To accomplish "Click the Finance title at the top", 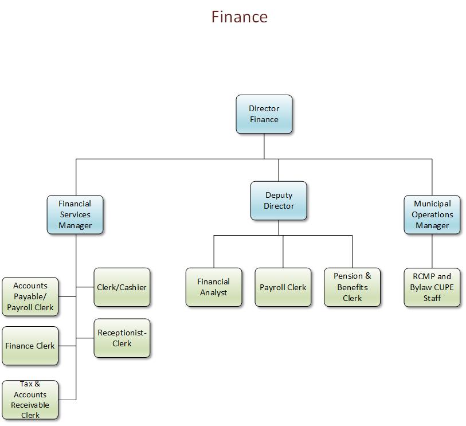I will coord(239,17).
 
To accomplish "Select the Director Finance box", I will coord(264,114).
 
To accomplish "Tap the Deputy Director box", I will coord(279,201).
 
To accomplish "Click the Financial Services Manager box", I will coord(75,214).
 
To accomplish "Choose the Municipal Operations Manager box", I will coord(432,214).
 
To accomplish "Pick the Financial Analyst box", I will coord(213,287).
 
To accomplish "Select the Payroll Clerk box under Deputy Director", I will coord(283,287).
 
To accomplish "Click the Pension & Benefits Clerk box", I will coord(352,287).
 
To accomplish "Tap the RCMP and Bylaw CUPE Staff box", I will coord(432,287).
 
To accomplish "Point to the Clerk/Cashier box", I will coord(122,287).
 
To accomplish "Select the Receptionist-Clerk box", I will coord(122,338).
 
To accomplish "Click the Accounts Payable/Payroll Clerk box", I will coord(30,296).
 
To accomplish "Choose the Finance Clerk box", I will coord(30,346).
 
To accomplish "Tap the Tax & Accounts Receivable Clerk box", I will coord(30,400).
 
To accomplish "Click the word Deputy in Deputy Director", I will coord(279,195).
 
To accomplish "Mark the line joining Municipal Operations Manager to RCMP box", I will coord(432,251).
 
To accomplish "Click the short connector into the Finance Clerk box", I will coord(67,346).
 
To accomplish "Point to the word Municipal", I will coord(432,204).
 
